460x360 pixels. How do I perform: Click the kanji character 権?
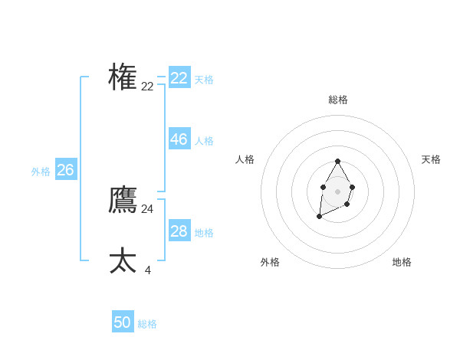(123, 77)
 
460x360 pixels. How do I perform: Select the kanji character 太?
(123, 260)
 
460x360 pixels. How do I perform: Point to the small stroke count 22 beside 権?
(147, 87)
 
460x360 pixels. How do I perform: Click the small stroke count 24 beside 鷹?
(147, 208)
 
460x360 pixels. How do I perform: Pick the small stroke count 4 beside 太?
(147, 270)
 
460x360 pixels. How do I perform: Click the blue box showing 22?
(179, 78)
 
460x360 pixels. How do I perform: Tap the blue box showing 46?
(179, 139)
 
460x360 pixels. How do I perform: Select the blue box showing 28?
(179, 231)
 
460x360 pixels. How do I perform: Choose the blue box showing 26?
(65, 170)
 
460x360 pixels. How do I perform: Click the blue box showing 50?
(123, 322)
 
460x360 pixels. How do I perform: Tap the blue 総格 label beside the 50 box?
(148, 324)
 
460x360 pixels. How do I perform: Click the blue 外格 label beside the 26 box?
(41, 172)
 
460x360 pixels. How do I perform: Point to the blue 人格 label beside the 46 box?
(204, 141)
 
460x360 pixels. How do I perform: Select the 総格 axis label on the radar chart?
(338, 100)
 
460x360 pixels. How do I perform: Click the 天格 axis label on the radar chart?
(431, 159)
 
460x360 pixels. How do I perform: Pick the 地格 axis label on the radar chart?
(402, 262)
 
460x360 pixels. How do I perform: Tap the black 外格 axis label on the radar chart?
(270, 262)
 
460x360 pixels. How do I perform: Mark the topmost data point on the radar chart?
(337, 161)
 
